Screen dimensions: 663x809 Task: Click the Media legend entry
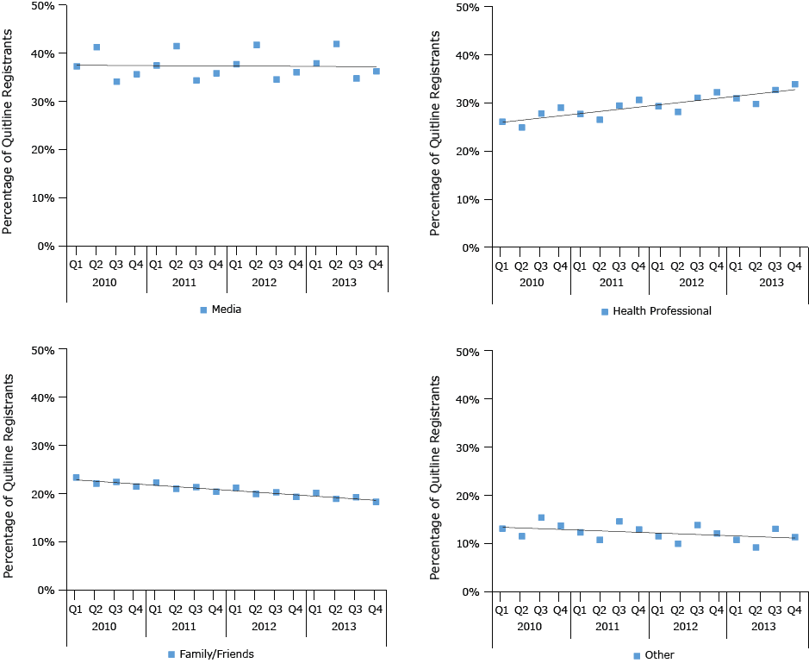tap(220, 310)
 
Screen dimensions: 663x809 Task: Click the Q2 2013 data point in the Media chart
tap(336, 44)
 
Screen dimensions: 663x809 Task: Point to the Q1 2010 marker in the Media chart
tap(77, 66)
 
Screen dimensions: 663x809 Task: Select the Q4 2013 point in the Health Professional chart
tap(794, 84)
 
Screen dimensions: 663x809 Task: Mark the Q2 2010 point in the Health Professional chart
tap(521, 128)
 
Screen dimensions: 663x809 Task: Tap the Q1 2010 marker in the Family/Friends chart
tap(76, 478)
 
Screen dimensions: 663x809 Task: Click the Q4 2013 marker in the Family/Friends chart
tap(376, 502)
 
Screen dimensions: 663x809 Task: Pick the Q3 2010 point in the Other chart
tap(541, 518)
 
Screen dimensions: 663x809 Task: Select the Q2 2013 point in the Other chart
tap(756, 547)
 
